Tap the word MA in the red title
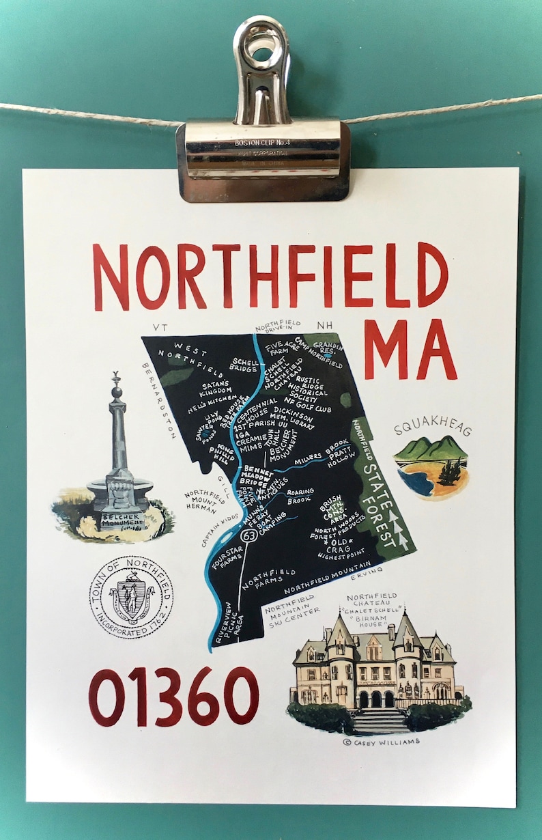pyautogui.click(x=410, y=349)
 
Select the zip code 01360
pyautogui.click(x=173, y=697)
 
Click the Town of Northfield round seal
pyautogui.click(x=132, y=597)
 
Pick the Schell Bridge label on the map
pyautogui.click(x=244, y=365)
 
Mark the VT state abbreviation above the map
pyautogui.click(x=160, y=327)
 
